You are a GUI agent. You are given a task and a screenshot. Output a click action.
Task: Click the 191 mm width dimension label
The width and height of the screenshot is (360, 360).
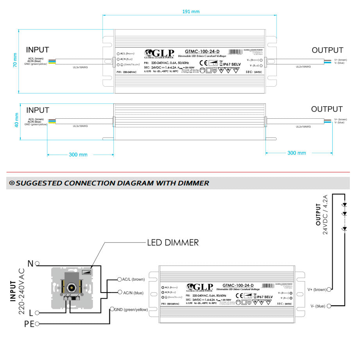point(191,11)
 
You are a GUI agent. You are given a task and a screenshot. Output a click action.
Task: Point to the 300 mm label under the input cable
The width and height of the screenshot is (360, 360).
point(78,155)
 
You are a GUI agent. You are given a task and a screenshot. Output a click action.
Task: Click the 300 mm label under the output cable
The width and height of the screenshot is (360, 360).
point(297,153)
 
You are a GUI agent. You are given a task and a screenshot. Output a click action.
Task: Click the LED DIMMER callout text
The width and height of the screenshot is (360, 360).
point(172,242)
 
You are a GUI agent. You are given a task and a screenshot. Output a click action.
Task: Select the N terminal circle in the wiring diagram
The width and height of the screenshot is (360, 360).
point(37,264)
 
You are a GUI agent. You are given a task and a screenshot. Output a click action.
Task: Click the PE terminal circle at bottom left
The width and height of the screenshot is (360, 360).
point(37,323)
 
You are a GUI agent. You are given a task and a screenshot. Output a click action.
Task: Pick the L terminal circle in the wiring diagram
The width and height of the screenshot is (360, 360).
point(37,312)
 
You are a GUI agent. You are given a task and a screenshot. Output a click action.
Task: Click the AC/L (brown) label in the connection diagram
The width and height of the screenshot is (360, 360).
point(133,280)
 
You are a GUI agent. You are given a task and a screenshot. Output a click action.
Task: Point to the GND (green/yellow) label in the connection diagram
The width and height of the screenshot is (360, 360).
point(131,309)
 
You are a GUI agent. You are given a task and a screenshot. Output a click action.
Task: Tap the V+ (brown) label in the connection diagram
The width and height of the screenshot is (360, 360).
point(317,289)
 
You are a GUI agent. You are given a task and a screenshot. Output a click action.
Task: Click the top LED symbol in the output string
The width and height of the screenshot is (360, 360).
point(344,205)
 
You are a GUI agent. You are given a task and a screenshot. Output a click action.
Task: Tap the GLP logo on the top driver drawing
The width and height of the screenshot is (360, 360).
point(159,53)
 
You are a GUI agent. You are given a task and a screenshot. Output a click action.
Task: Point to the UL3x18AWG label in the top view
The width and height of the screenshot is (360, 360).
point(80,67)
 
